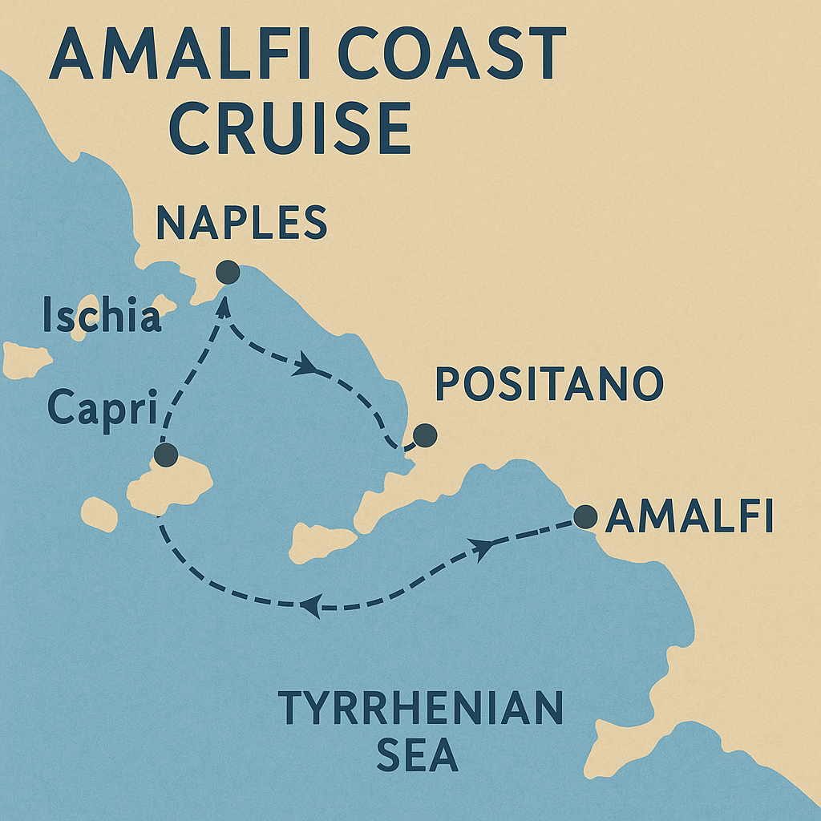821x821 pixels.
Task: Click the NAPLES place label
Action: point(241,223)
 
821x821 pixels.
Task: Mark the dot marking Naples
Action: point(229,272)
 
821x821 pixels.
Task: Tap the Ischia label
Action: point(102,315)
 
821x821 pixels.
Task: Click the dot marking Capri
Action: point(165,455)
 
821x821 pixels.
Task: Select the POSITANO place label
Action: point(548,385)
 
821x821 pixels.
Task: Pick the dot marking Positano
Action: point(424,435)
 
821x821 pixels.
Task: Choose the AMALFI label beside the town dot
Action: point(689,517)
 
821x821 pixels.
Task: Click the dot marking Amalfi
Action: point(585,516)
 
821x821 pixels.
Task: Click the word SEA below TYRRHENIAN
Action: point(417,756)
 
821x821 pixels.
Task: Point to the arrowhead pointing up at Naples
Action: point(225,305)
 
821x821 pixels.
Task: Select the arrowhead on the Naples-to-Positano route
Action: point(305,367)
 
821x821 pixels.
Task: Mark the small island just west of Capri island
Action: point(99,514)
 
